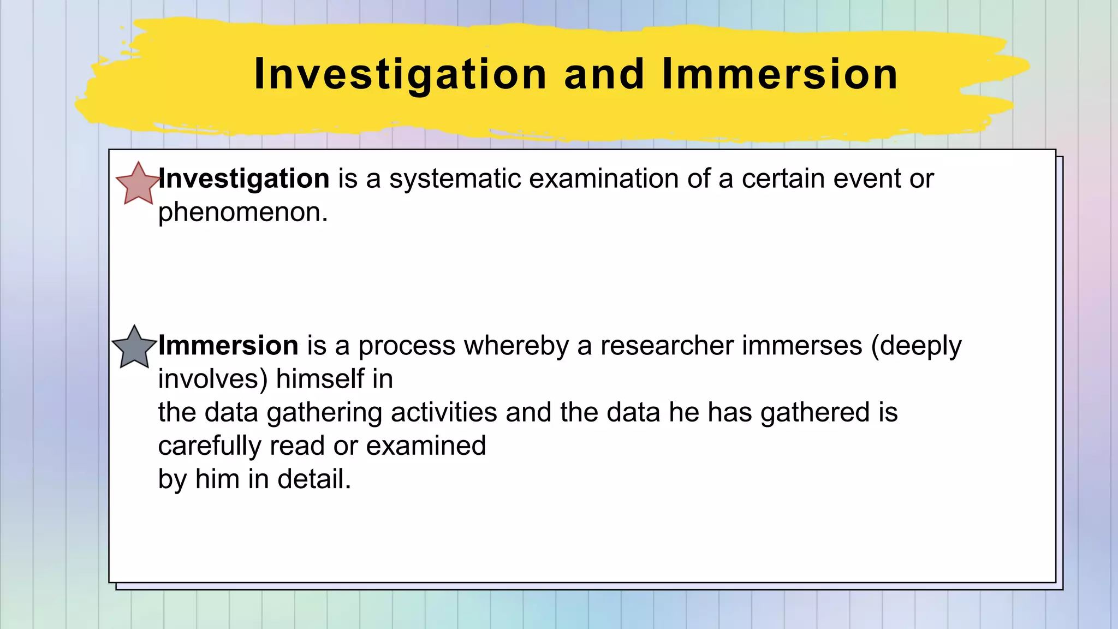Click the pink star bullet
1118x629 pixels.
[138, 185]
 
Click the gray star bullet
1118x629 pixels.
[134, 348]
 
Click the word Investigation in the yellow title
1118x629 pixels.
[400, 74]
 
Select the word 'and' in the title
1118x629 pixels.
[604, 74]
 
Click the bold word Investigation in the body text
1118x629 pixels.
[244, 179]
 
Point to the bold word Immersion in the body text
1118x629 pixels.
[228, 346]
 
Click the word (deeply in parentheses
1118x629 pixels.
[916, 346]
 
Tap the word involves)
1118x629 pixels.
[213, 379]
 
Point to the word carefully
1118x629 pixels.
[210, 446]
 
